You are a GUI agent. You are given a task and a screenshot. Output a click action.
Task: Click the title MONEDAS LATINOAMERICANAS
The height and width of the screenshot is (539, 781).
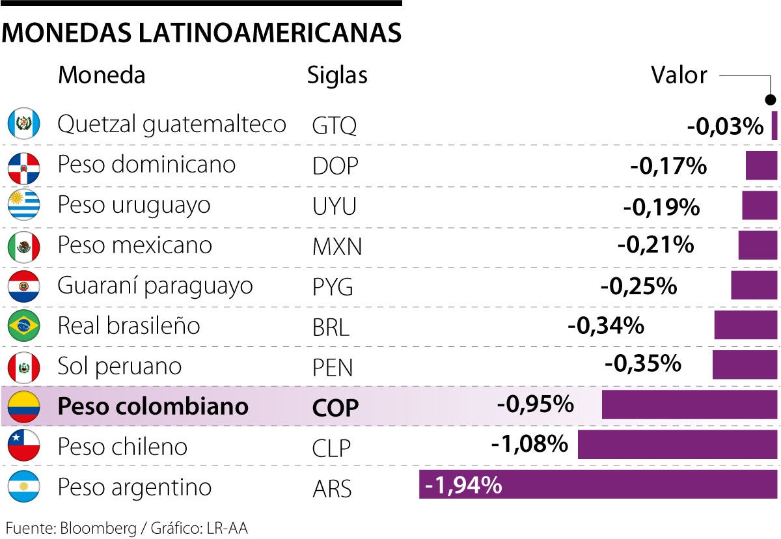[x=201, y=33]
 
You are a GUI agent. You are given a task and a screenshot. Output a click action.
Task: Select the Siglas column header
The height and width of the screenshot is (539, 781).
[x=337, y=75]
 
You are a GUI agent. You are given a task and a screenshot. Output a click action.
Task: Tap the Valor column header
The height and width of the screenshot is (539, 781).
[x=679, y=75]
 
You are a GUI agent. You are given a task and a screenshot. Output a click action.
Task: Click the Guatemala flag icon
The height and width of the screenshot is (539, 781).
[x=24, y=124]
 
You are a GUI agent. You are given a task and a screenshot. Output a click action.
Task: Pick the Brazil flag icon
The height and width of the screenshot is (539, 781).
[x=24, y=325]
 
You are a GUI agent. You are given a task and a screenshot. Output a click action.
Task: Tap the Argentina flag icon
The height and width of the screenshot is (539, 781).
[x=24, y=486]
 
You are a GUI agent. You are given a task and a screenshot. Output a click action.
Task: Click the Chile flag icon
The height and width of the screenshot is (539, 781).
[x=24, y=446]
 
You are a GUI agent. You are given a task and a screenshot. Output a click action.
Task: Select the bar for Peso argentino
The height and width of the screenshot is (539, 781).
[x=598, y=485]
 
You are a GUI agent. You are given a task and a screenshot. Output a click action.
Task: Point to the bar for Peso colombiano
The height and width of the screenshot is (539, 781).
[x=689, y=405]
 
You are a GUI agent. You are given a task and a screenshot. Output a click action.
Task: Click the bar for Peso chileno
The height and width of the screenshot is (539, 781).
[x=678, y=445]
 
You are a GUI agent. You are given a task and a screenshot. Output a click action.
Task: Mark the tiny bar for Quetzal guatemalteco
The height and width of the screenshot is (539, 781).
[x=774, y=125]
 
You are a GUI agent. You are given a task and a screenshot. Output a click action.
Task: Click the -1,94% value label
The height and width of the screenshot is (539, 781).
[x=463, y=485]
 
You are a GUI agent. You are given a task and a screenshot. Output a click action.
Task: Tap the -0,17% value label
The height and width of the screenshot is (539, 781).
[x=668, y=166]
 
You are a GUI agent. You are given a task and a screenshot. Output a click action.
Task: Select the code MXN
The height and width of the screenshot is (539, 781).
[x=336, y=247]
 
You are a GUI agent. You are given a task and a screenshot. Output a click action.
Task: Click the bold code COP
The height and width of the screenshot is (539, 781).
[x=335, y=408]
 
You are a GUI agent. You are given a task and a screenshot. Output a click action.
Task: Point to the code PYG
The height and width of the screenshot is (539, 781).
[x=333, y=287]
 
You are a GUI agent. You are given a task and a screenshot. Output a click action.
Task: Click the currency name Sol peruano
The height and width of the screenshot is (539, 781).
[x=119, y=366]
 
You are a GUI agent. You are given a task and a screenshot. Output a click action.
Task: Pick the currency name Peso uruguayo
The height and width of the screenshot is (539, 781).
[x=134, y=204]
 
